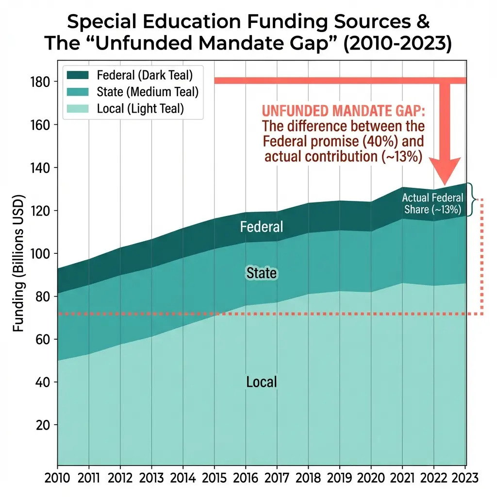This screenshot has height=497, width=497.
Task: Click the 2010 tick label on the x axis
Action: [x=58, y=478]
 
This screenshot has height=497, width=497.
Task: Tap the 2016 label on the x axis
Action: [x=245, y=478]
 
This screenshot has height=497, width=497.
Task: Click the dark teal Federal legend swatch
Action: [x=77, y=75]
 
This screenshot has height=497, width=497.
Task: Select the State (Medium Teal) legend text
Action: [x=148, y=92]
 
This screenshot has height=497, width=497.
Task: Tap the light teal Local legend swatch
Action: [x=77, y=108]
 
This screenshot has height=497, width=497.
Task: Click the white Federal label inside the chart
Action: [x=262, y=227]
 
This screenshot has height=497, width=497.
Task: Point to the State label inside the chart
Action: [x=262, y=273]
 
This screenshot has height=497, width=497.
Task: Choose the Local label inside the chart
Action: [x=262, y=382]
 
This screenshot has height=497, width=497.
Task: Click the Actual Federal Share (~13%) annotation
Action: [x=432, y=203]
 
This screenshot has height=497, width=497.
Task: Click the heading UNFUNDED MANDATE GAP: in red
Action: [x=343, y=111]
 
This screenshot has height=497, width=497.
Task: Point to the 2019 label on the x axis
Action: [x=339, y=478]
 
